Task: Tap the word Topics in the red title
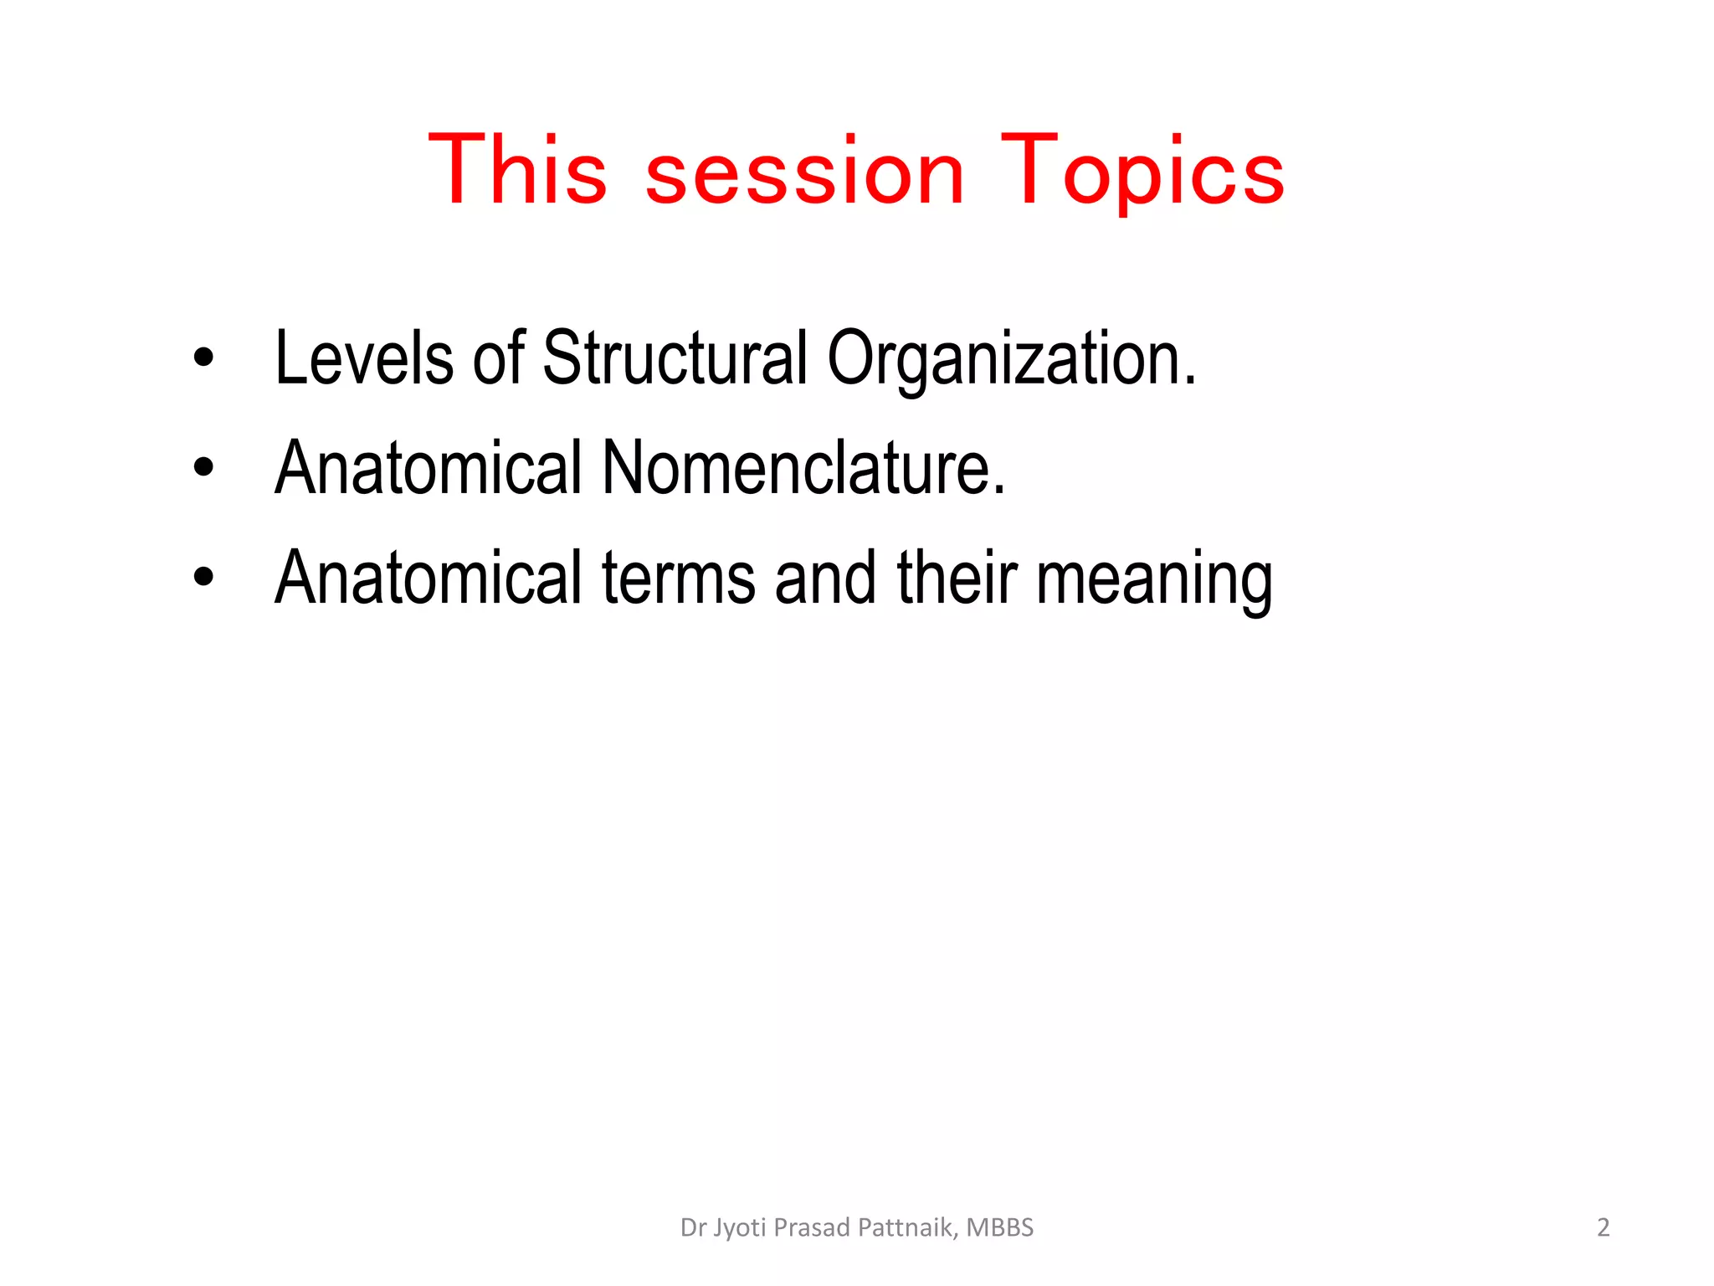(x=1142, y=172)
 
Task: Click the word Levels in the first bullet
(x=364, y=358)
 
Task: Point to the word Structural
(x=675, y=358)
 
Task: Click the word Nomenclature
(x=803, y=468)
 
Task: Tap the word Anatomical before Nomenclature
(x=428, y=468)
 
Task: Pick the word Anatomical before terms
(x=428, y=578)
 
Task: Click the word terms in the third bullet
(x=679, y=578)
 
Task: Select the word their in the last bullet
(x=957, y=578)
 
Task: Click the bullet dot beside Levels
(x=203, y=359)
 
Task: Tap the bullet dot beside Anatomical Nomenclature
(x=203, y=468)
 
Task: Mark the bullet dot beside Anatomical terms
(x=203, y=578)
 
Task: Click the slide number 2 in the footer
(x=1603, y=1227)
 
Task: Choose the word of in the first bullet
(x=498, y=358)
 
